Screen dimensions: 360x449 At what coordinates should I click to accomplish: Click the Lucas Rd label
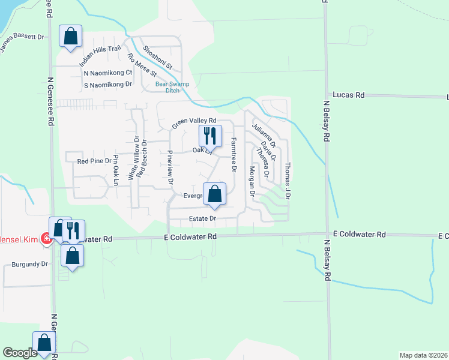(349, 95)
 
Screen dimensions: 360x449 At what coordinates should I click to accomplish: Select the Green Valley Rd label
(189, 122)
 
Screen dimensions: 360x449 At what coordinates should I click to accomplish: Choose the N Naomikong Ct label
(108, 73)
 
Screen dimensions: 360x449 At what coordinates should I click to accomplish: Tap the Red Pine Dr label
(95, 161)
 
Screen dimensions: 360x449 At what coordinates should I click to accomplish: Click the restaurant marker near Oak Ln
(209, 136)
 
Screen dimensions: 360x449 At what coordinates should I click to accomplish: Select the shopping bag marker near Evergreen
(214, 194)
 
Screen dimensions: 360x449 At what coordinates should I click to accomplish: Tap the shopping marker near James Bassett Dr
(71, 36)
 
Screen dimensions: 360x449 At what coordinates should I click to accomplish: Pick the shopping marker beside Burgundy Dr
(72, 256)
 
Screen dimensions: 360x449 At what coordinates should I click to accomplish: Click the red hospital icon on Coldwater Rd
(46, 239)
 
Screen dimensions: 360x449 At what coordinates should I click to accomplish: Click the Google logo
(20, 353)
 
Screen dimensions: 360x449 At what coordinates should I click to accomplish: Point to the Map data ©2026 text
(423, 355)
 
